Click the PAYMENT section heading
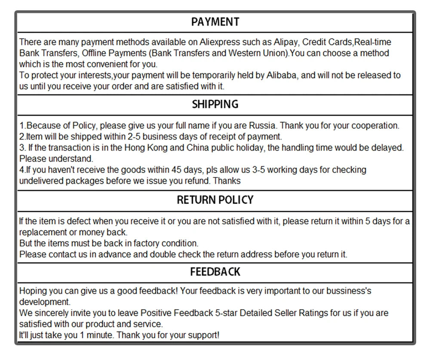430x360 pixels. pyautogui.click(x=215, y=22)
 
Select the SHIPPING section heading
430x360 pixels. pyautogui.click(x=215, y=104)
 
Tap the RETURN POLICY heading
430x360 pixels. pyautogui.click(x=215, y=200)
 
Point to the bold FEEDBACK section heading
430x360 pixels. pyautogui.click(x=215, y=272)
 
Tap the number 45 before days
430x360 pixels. pyautogui.click(x=176, y=170)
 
